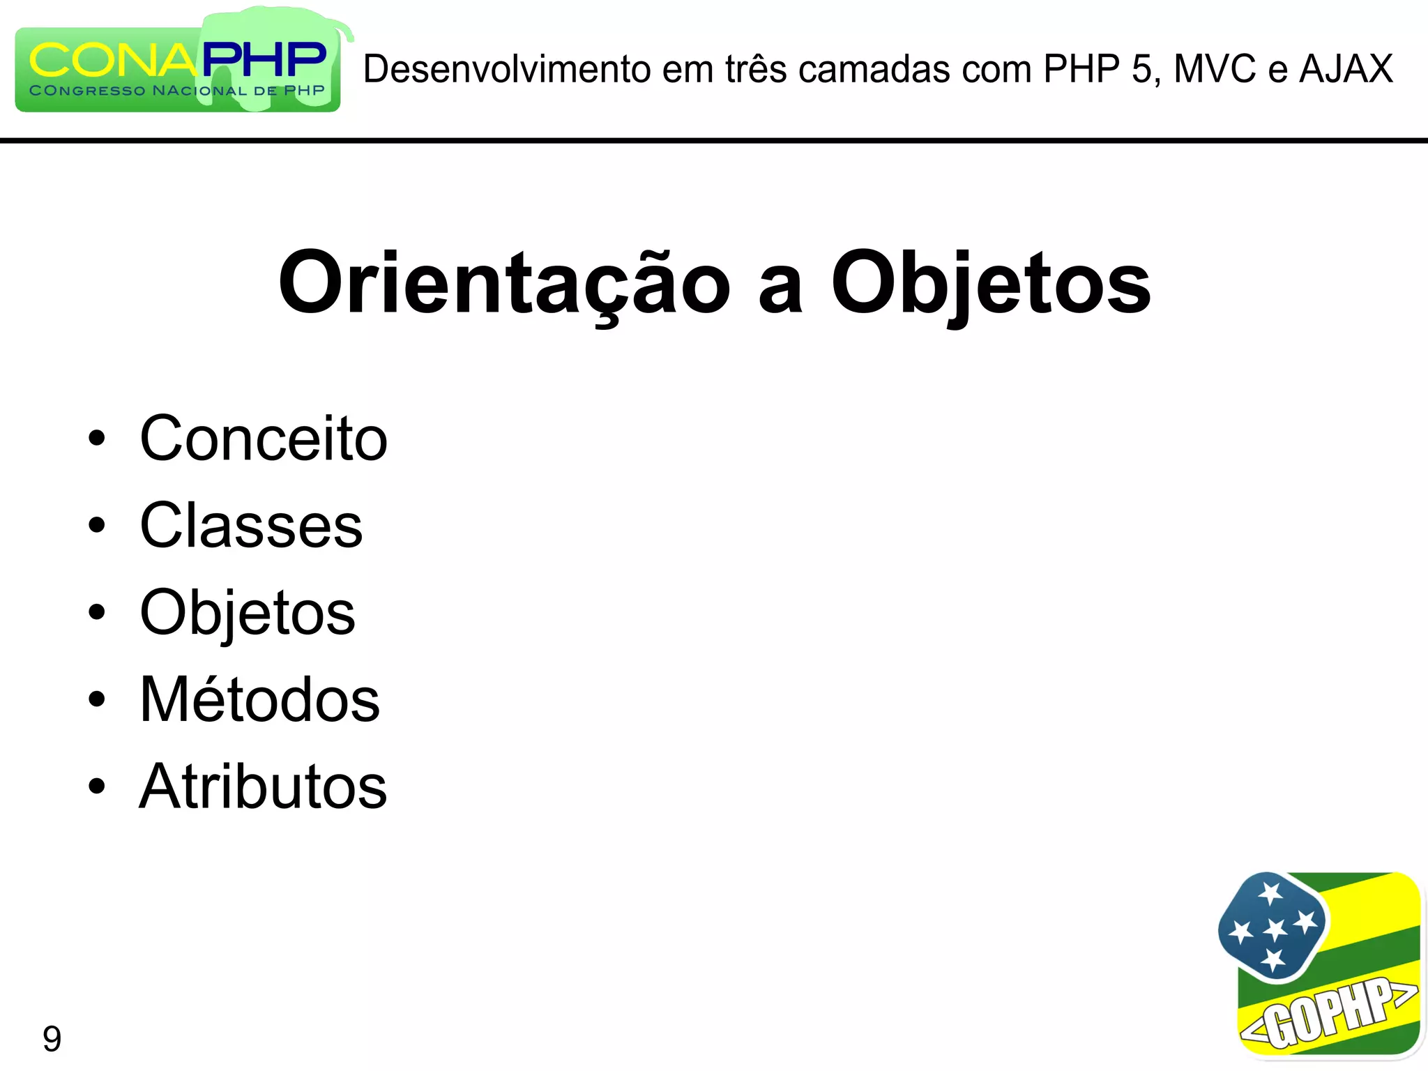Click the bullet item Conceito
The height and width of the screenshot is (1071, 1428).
(264, 439)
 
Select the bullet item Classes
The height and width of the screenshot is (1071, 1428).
(251, 526)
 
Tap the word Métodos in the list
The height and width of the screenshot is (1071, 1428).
(259, 699)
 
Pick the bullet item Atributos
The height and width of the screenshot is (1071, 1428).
(263, 787)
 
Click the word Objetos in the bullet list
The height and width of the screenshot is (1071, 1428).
(248, 613)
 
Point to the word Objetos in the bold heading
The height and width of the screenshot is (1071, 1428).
(990, 283)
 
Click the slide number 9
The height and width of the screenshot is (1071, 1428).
(52, 1039)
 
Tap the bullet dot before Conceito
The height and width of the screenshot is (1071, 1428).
(97, 439)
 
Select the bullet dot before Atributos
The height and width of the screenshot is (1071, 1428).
(97, 787)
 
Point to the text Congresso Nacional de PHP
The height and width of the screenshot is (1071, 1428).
(177, 91)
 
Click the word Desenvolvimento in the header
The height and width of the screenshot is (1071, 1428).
(507, 69)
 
